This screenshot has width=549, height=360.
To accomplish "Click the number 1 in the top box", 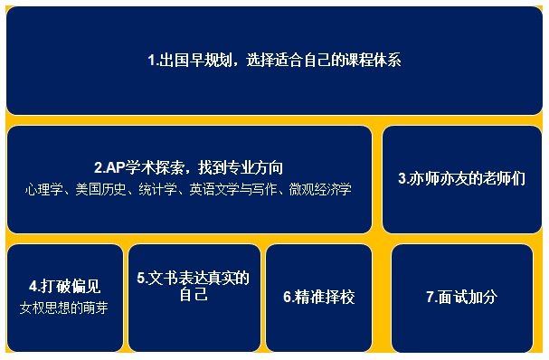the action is point(151,61).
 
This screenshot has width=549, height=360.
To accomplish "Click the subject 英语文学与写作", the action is point(232,189).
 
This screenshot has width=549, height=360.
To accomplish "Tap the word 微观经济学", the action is point(320,189).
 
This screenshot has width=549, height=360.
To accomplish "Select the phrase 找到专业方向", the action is point(241,167).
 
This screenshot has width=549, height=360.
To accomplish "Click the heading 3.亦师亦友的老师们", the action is point(461,178).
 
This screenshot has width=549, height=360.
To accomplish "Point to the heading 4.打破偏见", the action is point(65,287).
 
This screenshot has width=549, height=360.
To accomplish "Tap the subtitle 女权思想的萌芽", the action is point(63,308).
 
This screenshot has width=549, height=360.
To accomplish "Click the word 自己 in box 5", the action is point(194,294).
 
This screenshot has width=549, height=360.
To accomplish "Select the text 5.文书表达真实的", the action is point(193,279).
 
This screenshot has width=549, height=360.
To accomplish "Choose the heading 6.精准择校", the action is point(319,297).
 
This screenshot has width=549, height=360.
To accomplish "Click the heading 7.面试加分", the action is point(462,297).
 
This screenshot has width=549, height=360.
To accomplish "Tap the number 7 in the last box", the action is point(430,297).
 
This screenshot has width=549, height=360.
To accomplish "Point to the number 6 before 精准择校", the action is point(287,297).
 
